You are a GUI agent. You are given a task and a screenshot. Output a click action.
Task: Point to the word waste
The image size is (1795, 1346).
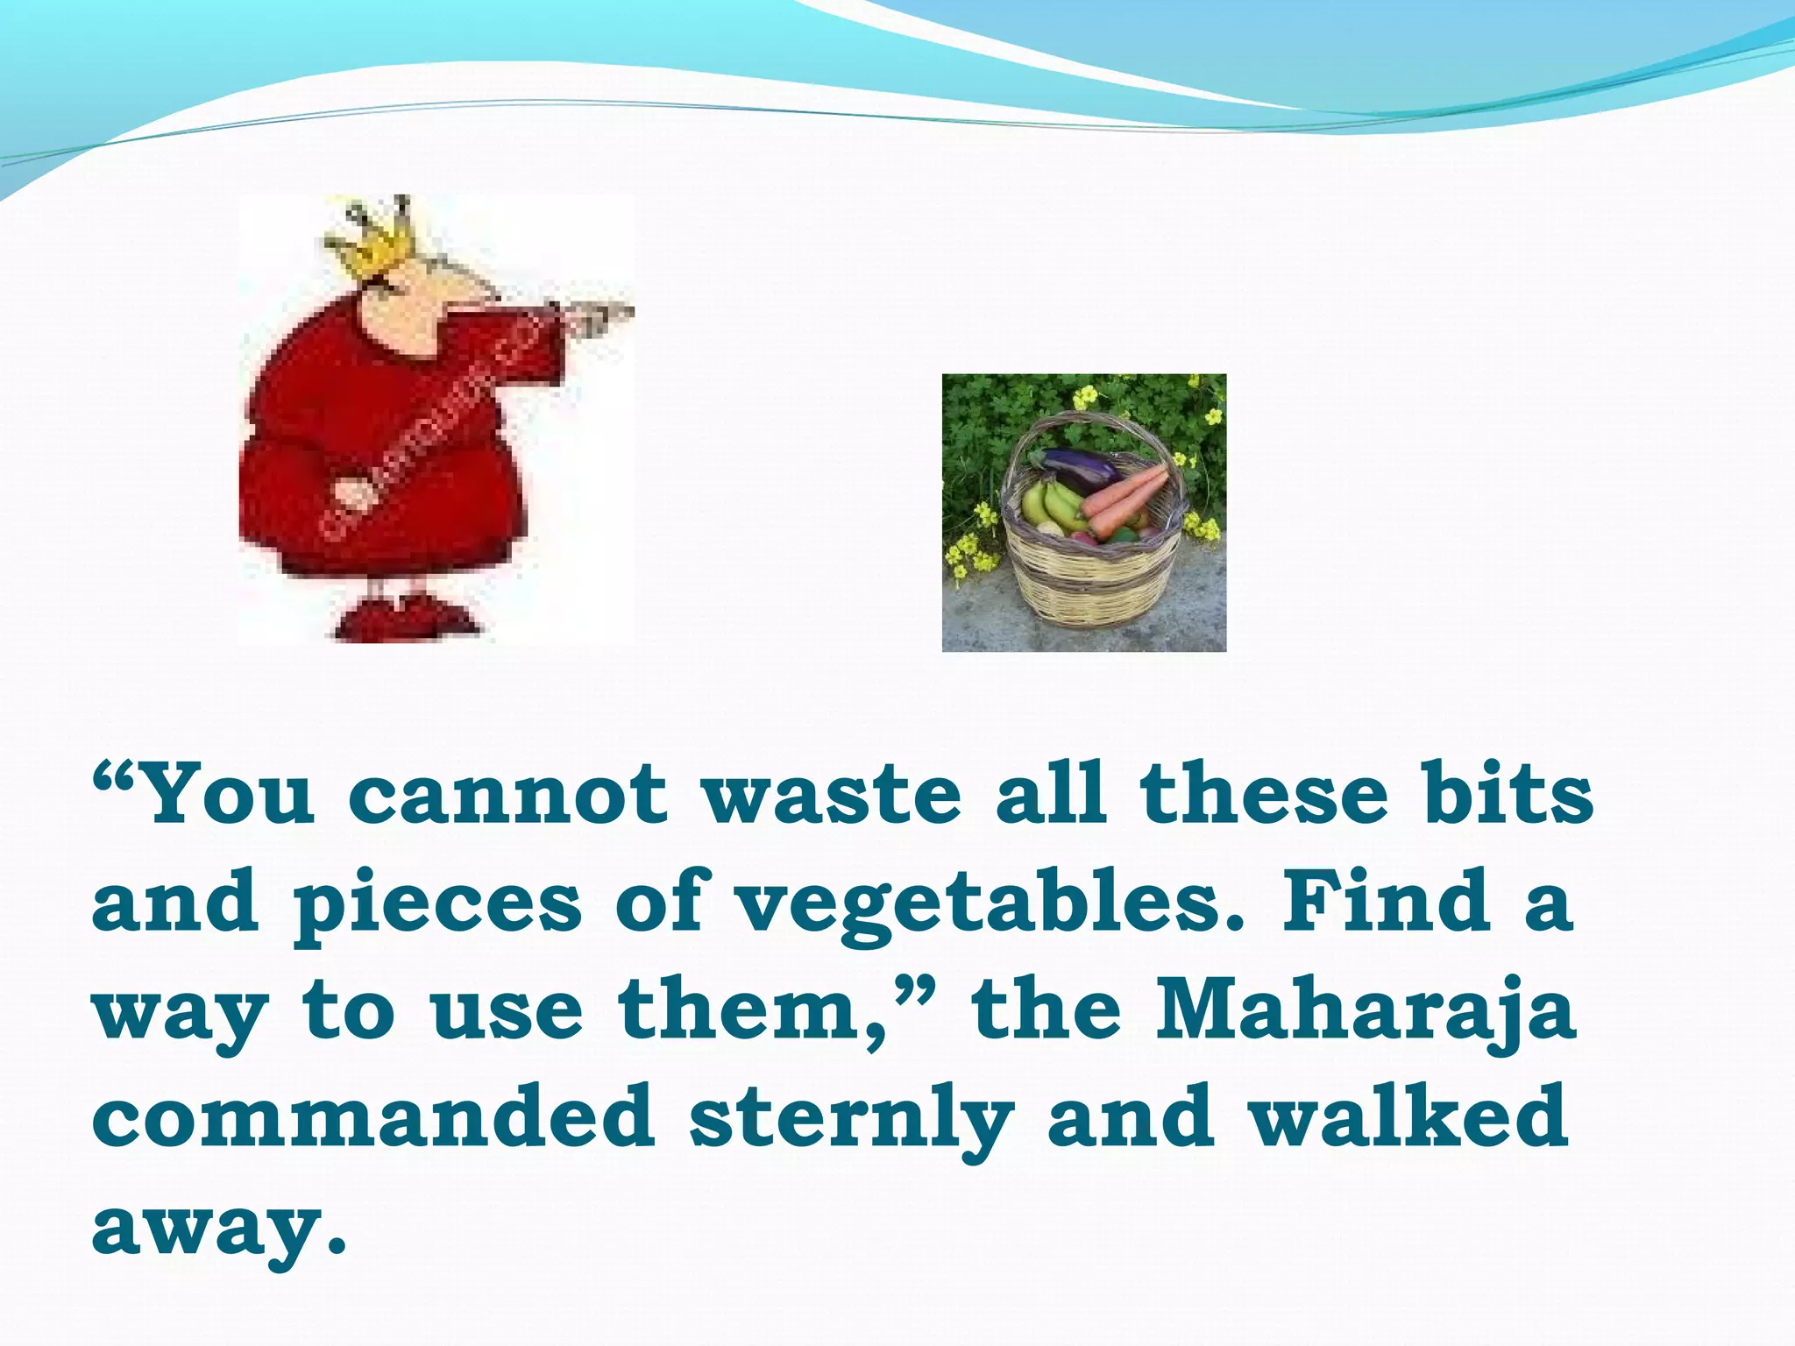coord(832,795)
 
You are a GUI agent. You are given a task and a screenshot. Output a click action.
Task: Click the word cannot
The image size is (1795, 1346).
coord(508,795)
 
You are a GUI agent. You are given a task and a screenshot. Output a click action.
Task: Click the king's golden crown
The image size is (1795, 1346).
coord(372,238)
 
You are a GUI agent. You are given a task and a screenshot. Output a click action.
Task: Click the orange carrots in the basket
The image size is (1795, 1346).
coord(1126,499)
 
